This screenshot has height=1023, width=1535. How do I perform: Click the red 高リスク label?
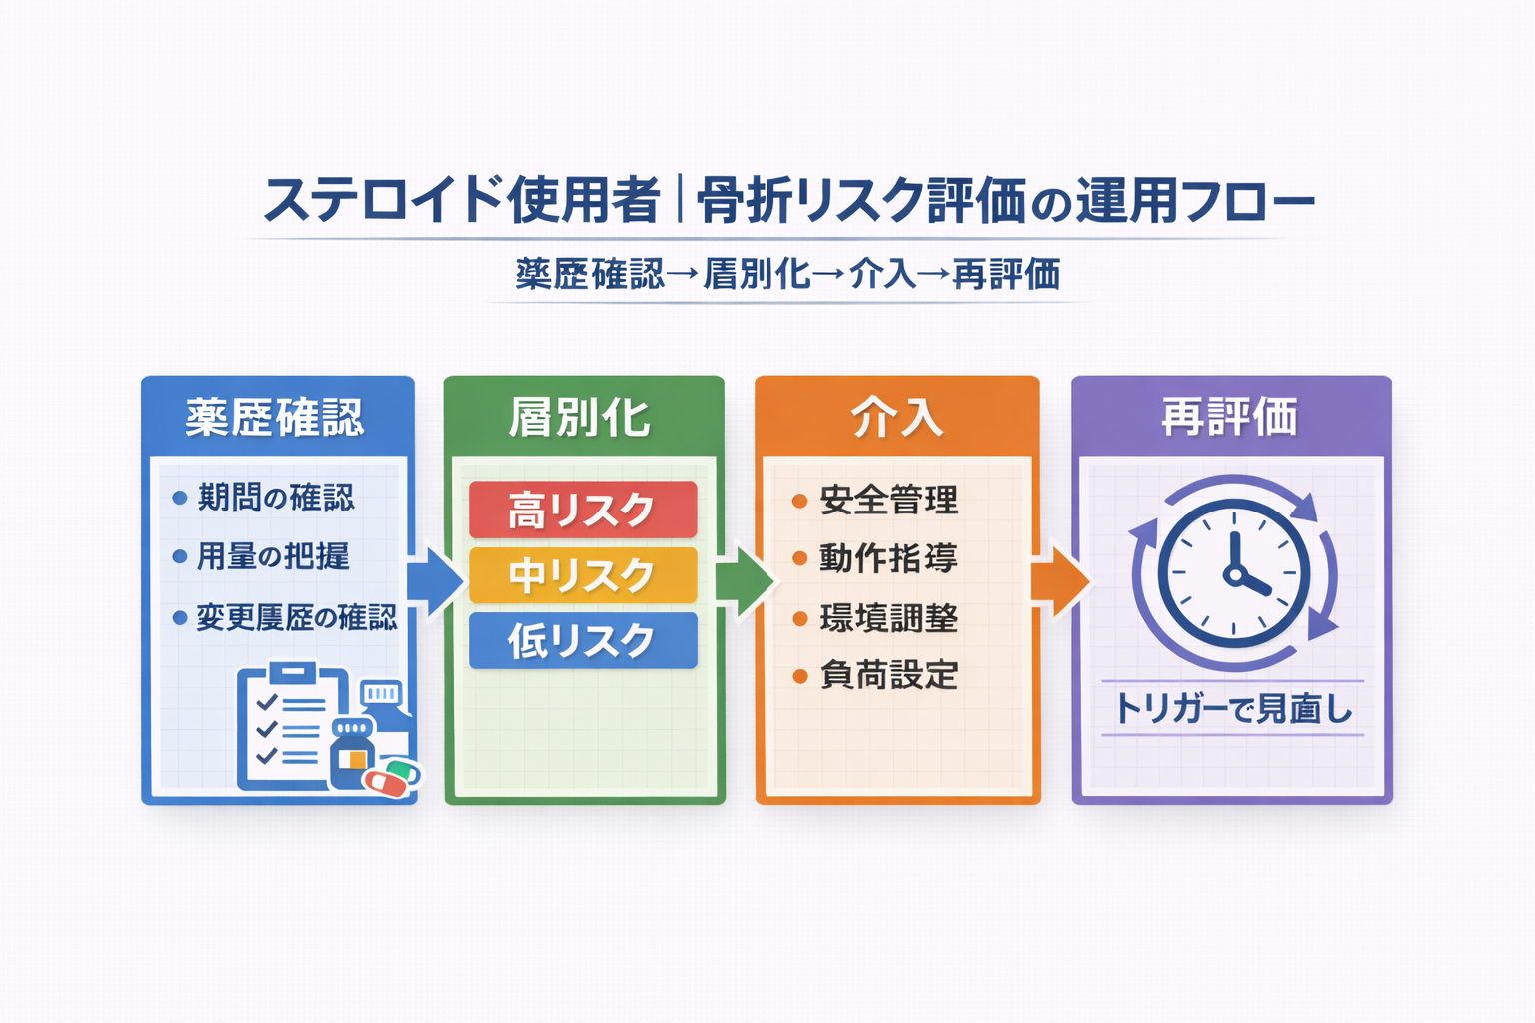(x=583, y=510)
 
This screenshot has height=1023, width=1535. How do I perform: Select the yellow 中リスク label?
(x=583, y=575)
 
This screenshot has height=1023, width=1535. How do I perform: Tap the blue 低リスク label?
(x=583, y=640)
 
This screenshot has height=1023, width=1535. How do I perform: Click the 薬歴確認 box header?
(x=276, y=417)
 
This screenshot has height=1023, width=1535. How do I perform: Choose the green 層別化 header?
(x=582, y=417)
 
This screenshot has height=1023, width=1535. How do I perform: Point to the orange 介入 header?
(x=896, y=417)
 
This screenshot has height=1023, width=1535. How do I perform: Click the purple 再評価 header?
(x=1230, y=417)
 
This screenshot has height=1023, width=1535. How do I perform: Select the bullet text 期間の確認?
(x=276, y=497)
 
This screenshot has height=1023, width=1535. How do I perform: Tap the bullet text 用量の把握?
(x=273, y=556)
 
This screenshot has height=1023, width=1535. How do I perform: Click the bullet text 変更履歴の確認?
(x=296, y=617)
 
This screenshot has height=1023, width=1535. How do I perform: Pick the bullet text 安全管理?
(x=888, y=500)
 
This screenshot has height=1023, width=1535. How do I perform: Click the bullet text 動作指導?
(x=888, y=558)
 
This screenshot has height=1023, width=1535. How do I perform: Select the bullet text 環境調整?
(x=888, y=618)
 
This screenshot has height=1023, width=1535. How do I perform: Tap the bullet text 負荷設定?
(x=888, y=675)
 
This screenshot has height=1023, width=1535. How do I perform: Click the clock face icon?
(x=1234, y=572)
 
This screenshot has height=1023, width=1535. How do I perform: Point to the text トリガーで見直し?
(x=1233, y=709)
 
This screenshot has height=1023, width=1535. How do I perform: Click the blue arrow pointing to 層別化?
(x=435, y=580)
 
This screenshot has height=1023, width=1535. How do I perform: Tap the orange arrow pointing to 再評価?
(x=1059, y=580)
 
